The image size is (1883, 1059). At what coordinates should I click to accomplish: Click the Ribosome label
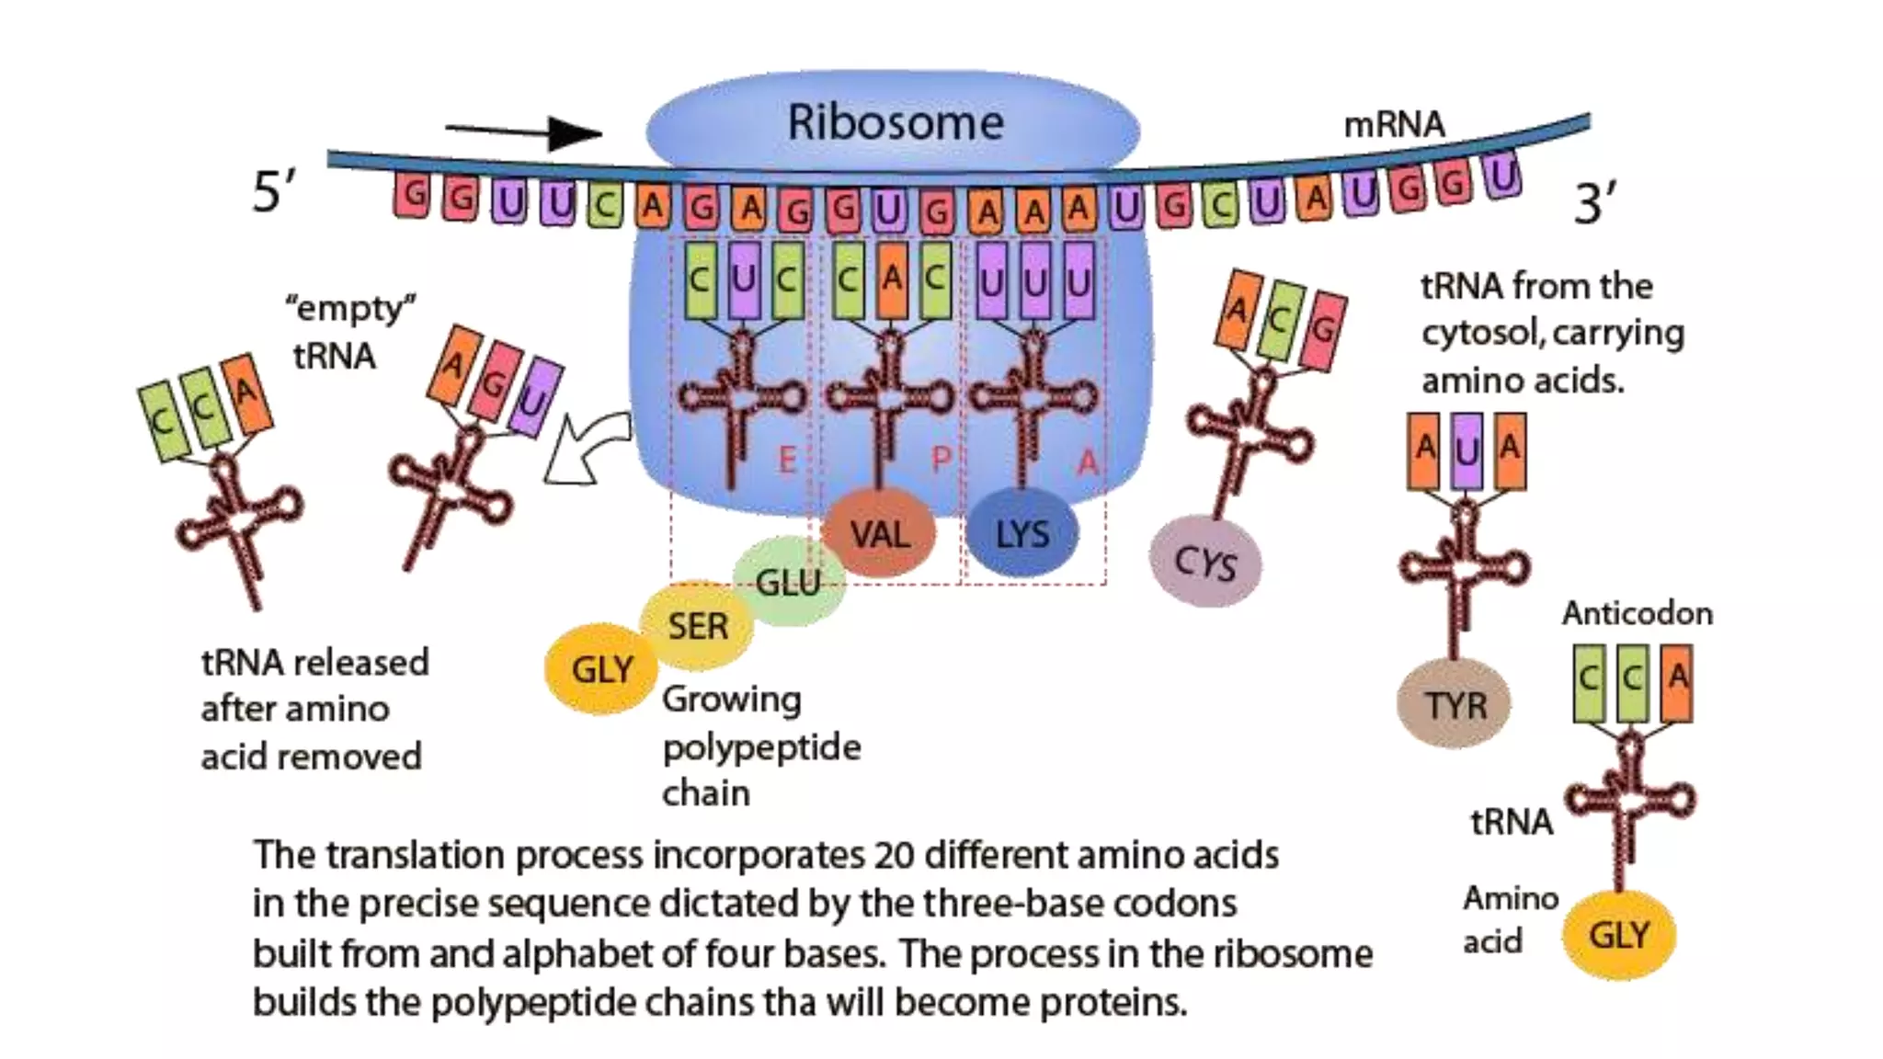pyautogui.click(x=895, y=123)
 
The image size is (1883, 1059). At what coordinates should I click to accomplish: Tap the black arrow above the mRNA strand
pyautogui.click(x=525, y=132)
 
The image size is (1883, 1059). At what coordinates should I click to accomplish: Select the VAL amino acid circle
pyautogui.click(x=879, y=534)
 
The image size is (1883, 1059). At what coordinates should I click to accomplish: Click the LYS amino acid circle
pyautogui.click(x=1021, y=534)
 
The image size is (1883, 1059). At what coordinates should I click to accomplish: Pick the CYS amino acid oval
pyautogui.click(x=1205, y=563)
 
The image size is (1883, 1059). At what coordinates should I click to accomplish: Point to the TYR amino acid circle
pyautogui.click(x=1455, y=705)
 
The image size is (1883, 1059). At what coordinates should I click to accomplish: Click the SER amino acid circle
pyautogui.click(x=697, y=626)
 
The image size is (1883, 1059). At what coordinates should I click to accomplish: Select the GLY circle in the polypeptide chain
pyautogui.click(x=601, y=669)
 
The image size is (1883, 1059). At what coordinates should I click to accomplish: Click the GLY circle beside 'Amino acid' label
pyautogui.click(x=1619, y=935)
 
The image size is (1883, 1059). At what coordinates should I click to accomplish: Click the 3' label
pyautogui.click(x=1594, y=203)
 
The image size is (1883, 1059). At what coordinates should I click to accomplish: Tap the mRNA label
pyautogui.click(x=1394, y=125)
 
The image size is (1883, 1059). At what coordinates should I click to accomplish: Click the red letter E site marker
pyautogui.click(x=787, y=460)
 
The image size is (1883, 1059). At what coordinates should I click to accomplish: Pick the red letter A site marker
pyautogui.click(x=1087, y=461)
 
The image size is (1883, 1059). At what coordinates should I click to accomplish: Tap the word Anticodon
pyautogui.click(x=1637, y=613)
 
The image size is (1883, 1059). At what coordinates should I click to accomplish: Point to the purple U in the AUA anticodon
pyautogui.click(x=1467, y=450)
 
